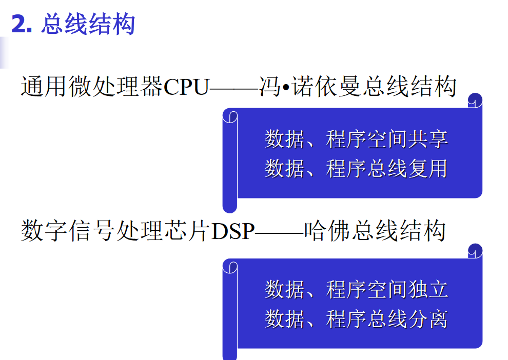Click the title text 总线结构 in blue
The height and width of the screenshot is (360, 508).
pos(88,25)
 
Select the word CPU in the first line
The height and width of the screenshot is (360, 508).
pos(187,87)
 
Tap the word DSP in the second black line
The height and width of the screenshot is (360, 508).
pos(233,232)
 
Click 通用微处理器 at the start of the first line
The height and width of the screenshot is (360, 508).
pos(92,87)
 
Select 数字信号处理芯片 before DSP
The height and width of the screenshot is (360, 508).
pos(116,232)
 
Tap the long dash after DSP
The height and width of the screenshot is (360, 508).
pos(279,233)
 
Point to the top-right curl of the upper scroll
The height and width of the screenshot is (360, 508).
pos(475,100)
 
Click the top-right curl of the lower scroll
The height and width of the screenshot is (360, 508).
pos(475,251)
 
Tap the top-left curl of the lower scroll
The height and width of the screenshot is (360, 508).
pos(230,266)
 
